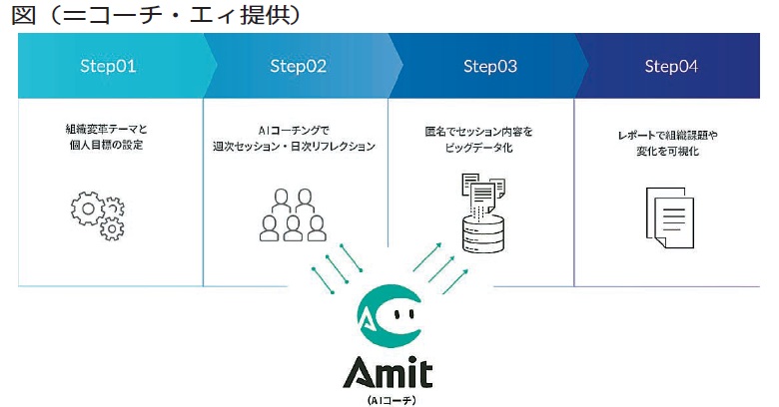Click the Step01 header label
108,67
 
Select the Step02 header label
298,67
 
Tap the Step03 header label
489,67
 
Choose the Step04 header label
671,67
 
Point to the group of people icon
294,214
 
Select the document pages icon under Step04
669,216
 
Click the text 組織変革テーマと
106,129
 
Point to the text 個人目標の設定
106,146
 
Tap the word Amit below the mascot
388,373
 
